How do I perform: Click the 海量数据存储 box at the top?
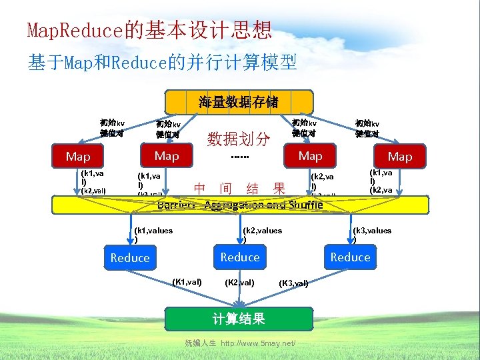tap(239, 102)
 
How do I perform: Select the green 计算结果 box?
tap(239, 319)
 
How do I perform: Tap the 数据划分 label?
tap(239, 139)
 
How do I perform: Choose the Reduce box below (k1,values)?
tap(130, 257)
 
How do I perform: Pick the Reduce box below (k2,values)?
tap(240, 257)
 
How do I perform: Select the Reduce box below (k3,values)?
tap(350, 257)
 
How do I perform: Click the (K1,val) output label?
tap(187, 282)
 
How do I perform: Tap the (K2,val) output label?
tap(239, 283)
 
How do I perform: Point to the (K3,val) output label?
tap(293, 283)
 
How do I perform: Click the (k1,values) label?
tap(153, 234)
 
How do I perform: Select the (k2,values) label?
tap(262, 234)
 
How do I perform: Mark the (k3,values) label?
tap(372, 234)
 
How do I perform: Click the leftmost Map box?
tap(78, 157)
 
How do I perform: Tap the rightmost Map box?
tap(400, 157)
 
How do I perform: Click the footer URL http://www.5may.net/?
tap(258, 343)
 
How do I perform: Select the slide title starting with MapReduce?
tap(149, 30)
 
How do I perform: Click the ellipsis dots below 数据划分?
tap(239, 157)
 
